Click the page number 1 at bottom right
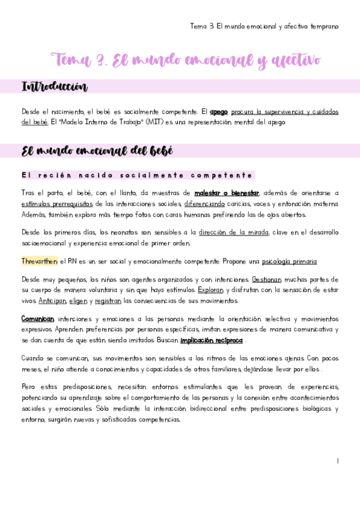(338, 460)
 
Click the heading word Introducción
(54, 88)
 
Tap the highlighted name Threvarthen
(39, 261)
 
